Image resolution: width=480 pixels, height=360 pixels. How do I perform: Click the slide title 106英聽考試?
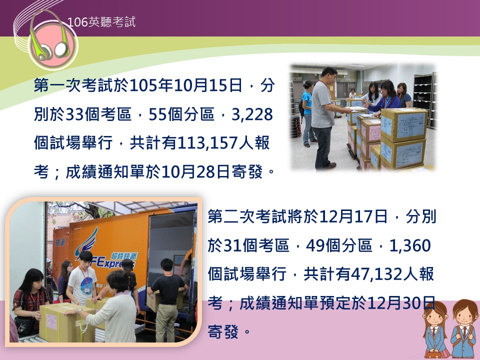[x=101, y=22]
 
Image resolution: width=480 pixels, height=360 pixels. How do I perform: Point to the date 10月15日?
[x=208, y=85]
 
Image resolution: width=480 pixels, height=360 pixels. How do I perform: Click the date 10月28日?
[x=195, y=171]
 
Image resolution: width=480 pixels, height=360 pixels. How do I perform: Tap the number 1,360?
[x=410, y=245]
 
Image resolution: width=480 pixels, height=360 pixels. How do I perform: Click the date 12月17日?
[x=353, y=217]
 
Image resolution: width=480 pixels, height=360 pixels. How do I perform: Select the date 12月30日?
[x=401, y=303]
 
